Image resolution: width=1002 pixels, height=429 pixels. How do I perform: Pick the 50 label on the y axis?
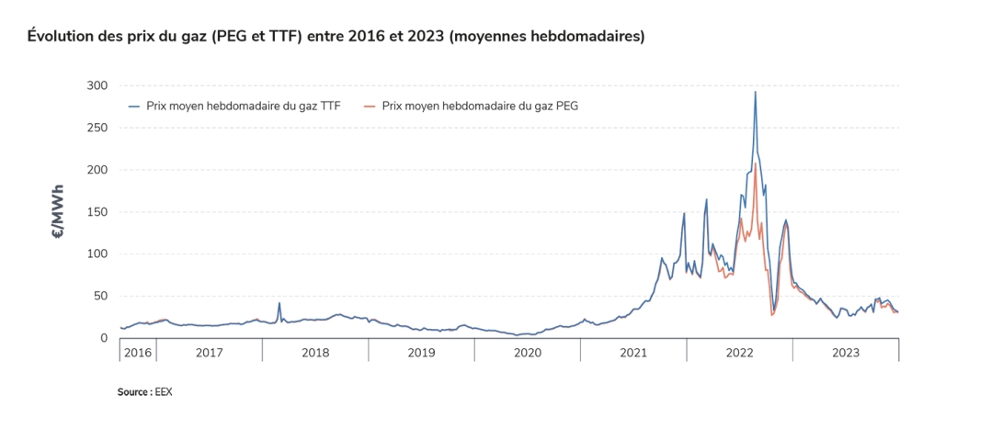click(x=101, y=297)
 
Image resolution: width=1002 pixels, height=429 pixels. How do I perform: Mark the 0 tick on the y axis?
click(x=105, y=338)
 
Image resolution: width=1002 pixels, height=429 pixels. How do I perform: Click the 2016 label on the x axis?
click(x=138, y=353)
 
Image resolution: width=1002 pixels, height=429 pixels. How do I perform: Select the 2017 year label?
click(x=209, y=353)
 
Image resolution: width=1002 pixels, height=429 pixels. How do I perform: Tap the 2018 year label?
click(x=315, y=353)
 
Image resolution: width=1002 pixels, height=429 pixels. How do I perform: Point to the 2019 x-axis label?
click(x=421, y=353)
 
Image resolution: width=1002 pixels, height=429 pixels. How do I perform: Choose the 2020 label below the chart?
click(x=528, y=353)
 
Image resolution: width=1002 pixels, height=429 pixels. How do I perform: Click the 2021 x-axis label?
click(x=633, y=353)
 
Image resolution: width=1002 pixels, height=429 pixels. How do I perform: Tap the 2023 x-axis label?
click(x=846, y=353)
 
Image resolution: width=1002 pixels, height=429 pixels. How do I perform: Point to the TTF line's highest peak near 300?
click(x=756, y=92)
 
